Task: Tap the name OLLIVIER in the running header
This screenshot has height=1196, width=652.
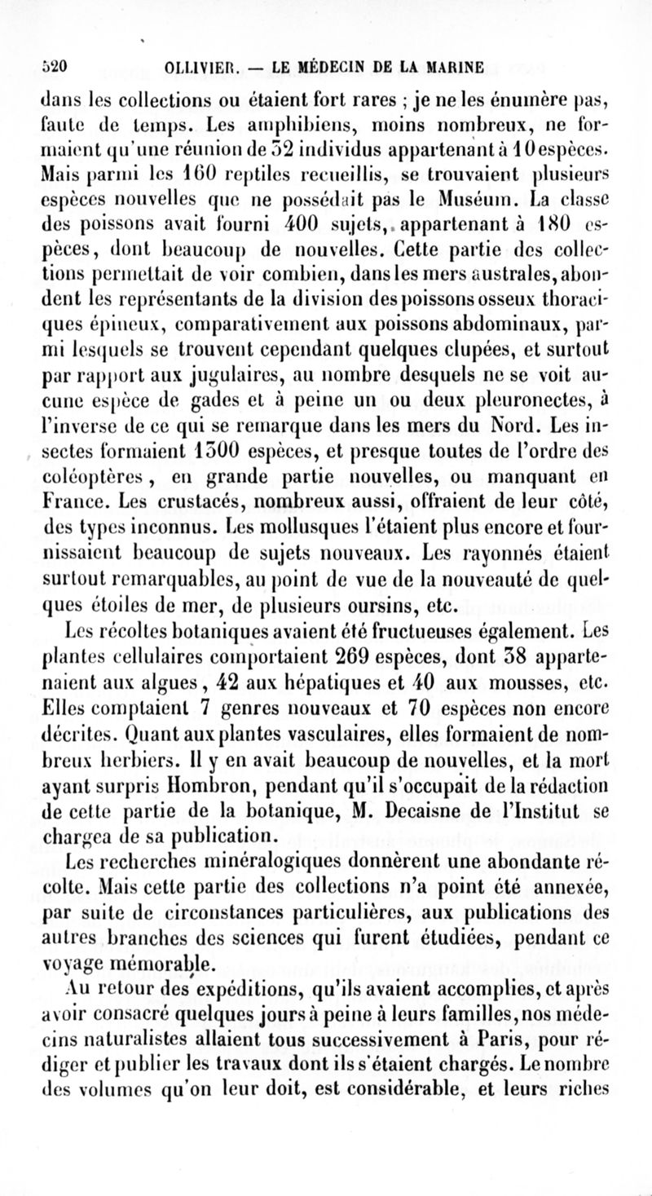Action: tap(188, 64)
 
